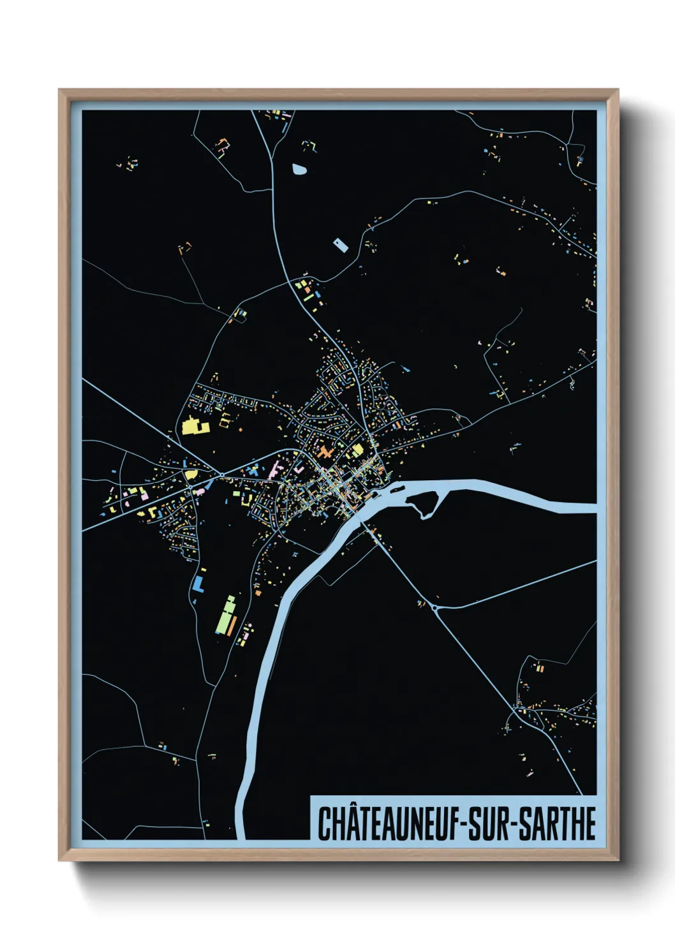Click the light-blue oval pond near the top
[x=299, y=169]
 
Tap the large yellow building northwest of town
[x=192, y=425]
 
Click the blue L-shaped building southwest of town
[x=198, y=584]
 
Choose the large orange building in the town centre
[x=326, y=454]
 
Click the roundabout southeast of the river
[x=435, y=608]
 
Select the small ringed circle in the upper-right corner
[x=581, y=159]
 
